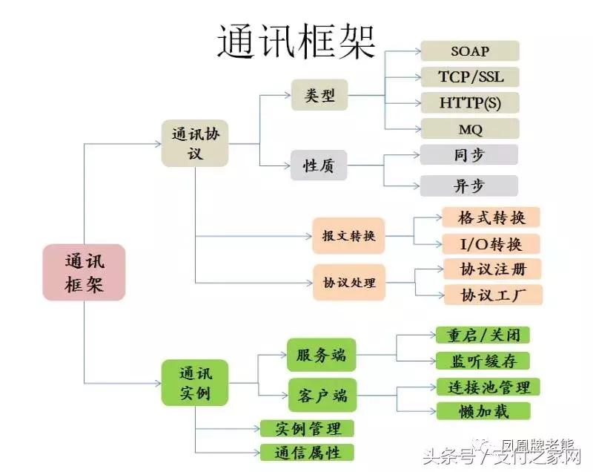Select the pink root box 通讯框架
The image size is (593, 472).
click(x=84, y=272)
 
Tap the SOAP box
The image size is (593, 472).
click(x=470, y=51)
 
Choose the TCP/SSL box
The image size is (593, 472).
click(x=470, y=76)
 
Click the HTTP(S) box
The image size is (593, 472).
click(x=470, y=102)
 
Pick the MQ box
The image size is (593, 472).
click(x=470, y=128)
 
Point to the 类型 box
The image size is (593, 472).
click(x=319, y=95)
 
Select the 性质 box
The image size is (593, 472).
click(x=319, y=165)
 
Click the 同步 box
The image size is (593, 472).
click(x=468, y=155)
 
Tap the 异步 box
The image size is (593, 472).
click(x=468, y=186)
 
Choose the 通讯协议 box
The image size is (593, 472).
click(x=196, y=143)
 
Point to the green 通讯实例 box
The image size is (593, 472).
click(x=196, y=382)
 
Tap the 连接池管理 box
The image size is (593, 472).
click(x=483, y=387)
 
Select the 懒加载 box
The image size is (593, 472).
click(x=483, y=411)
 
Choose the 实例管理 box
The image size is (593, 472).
click(x=307, y=428)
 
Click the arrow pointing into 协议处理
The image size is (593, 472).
click(x=305, y=283)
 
